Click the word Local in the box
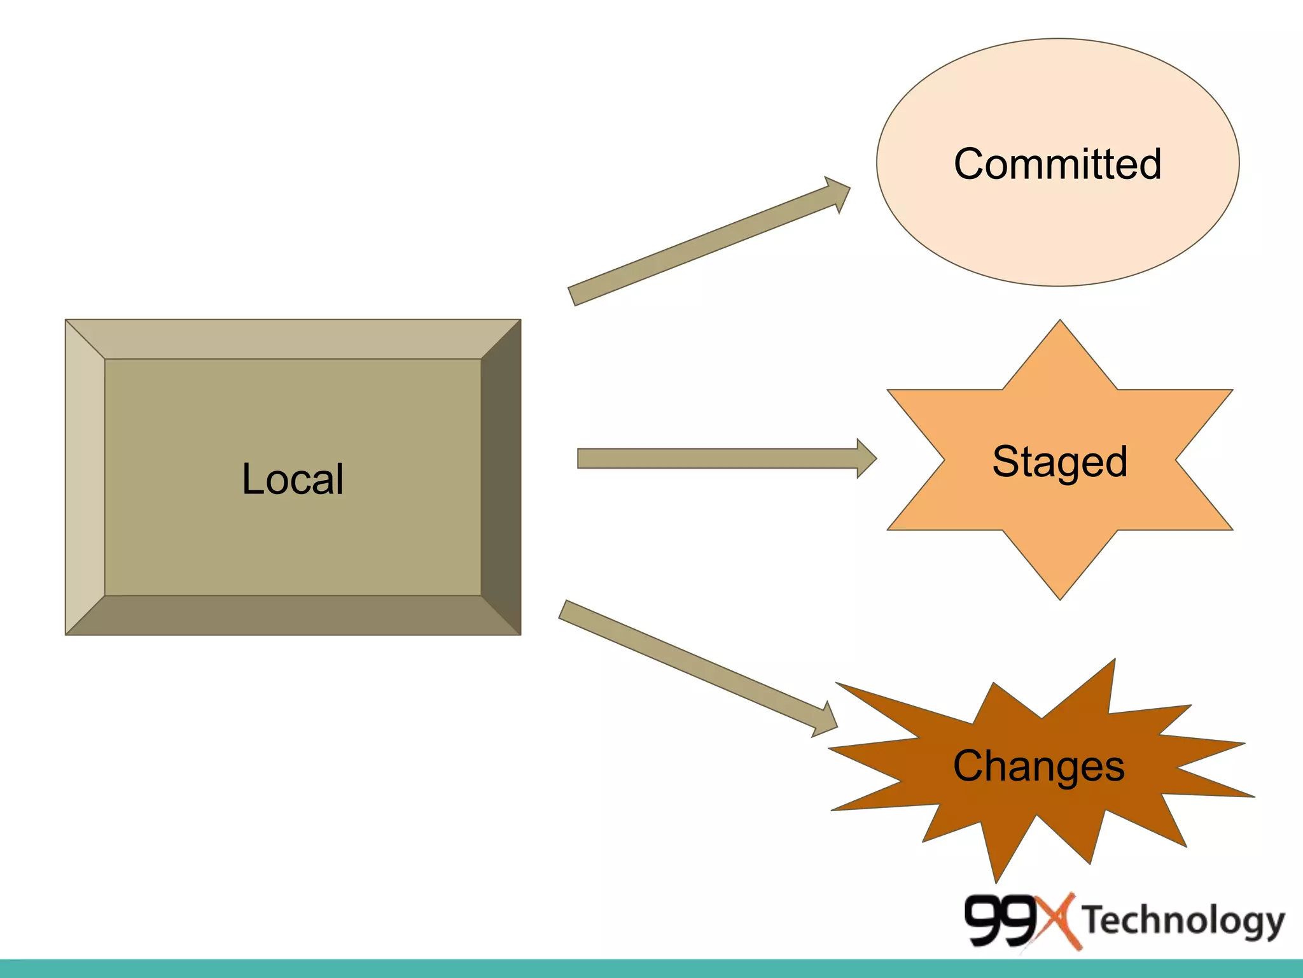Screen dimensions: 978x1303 coord(293,479)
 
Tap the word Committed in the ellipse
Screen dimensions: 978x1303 coord(1057,164)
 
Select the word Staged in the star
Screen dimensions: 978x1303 coord(1059,461)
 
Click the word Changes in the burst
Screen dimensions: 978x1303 coord(1038,765)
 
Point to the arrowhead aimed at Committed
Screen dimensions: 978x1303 coord(838,193)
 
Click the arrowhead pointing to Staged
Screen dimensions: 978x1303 coord(866,458)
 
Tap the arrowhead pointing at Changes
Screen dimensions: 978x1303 coord(826,722)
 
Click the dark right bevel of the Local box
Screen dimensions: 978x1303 coord(501,478)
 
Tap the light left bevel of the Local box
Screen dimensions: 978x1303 coord(85,478)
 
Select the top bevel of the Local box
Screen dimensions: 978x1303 coord(293,339)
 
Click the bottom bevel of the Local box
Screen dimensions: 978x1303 coord(293,615)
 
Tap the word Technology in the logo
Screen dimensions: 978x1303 coord(1183,921)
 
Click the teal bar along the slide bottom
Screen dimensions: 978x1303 coord(651,968)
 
